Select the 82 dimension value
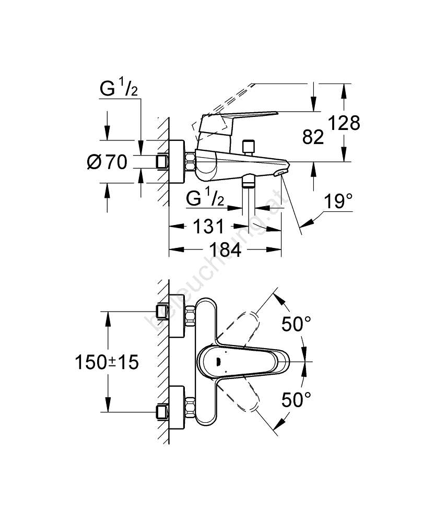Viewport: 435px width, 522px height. [x=313, y=137]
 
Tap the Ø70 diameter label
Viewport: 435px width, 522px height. [x=107, y=163]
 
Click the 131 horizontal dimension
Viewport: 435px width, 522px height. [x=208, y=227]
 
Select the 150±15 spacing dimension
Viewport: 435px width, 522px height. [x=107, y=362]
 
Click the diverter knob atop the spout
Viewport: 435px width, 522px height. [x=249, y=146]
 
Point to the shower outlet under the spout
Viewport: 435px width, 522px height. [x=249, y=183]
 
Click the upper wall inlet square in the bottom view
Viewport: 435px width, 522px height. [x=162, y=312]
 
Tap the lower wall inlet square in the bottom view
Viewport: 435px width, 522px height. [x=162, y=412]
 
